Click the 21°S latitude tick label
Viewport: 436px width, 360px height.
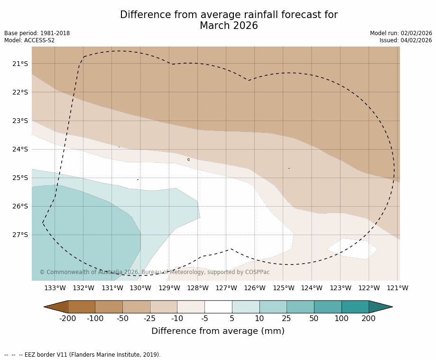pos(20,64)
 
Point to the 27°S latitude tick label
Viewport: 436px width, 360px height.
pos(20,235)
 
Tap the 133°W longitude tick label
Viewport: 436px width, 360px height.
pos(55,288)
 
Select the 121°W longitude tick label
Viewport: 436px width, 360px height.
pos(398,288)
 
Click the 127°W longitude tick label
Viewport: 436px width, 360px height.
pos(226,288)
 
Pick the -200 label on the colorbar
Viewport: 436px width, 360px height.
pos(68,319)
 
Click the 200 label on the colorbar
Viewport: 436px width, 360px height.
pos(369,319)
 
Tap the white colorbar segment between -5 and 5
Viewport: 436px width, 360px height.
pos(218,307)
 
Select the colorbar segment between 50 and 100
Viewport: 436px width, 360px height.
pos(328,307)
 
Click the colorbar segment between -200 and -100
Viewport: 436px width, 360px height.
pos(82,307)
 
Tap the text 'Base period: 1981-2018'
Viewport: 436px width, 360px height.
pos(37,33)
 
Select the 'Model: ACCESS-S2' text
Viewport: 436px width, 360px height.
pos(29,40)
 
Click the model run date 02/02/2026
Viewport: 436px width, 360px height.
pos(416,33)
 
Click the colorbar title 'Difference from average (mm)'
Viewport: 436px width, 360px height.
pos(218,332)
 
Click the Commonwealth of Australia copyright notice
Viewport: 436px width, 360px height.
pos(155,272)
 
